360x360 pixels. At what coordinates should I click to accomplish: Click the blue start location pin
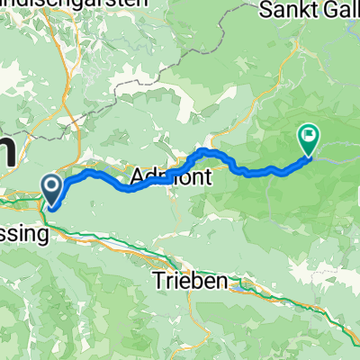click(52, 190)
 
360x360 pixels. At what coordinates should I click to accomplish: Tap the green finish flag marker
click(308, 138)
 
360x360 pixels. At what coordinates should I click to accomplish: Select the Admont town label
click(171, 178)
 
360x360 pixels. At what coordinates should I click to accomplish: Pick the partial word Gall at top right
click(341, 11)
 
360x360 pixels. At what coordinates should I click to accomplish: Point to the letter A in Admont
click(139, 178)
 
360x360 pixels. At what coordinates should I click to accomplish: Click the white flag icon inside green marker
click(308, 136)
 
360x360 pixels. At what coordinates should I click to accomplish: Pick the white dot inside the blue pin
click(52, 187)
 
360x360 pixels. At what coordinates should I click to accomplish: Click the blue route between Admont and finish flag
click(252, 169)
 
